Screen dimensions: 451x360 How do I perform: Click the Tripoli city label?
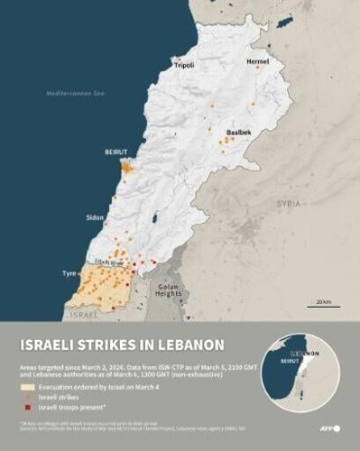click(185, 66)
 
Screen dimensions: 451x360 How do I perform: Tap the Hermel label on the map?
click(258, 61)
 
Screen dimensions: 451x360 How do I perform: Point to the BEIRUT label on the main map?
click(115, 152)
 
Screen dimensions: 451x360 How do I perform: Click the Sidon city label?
click(95, 218)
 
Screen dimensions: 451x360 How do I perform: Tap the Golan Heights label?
click(169, 290)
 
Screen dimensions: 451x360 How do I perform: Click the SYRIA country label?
click(288, 205)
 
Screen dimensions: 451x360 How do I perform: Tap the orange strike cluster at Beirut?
click(127, 167)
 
